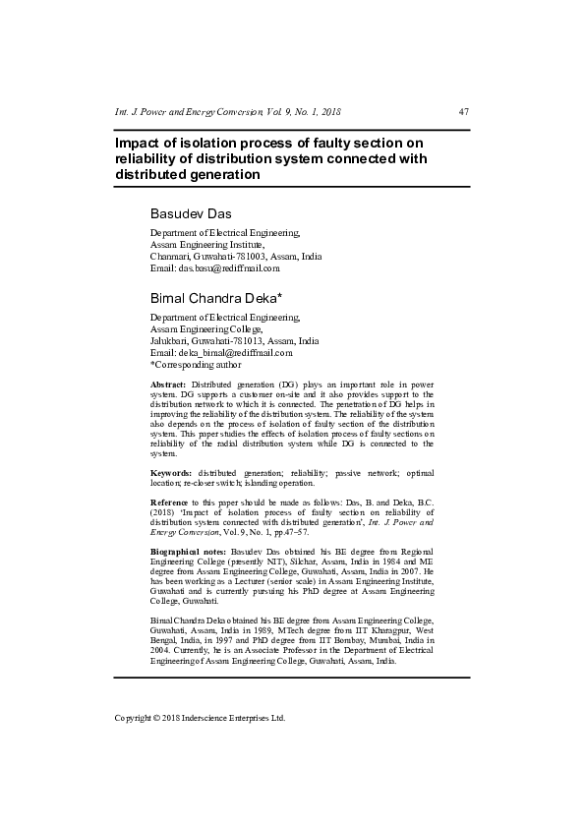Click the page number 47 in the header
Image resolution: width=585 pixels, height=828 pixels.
click(x=464, y=111)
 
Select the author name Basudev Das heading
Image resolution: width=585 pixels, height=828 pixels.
click(x=190, y=213)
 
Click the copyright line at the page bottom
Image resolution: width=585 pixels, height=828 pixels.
click(x=200, y=718)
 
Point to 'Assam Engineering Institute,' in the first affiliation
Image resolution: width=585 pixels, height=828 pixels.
click(x=207, y=244)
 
